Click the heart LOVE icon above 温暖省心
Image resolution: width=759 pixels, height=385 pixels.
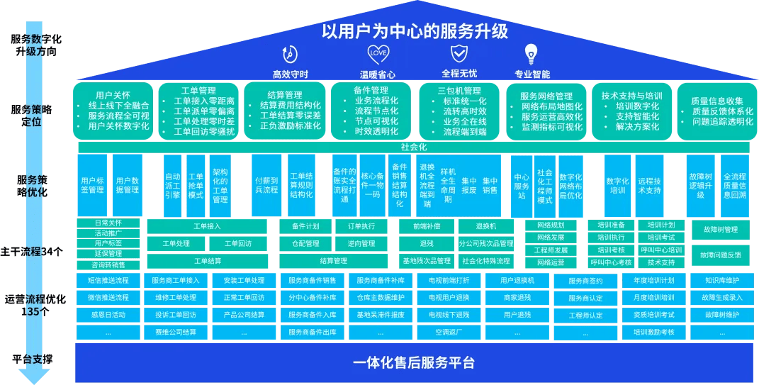[x=378, y=53]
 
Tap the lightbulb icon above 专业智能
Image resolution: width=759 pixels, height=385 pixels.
[x=531, y=53]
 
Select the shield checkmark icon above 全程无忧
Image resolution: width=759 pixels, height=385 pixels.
[x=459, y=53]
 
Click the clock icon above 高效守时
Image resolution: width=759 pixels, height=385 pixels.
[x=289, y=54]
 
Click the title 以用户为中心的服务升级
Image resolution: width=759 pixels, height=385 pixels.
[x=415, y=31]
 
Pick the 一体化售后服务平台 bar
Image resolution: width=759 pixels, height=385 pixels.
[x=414, y=362]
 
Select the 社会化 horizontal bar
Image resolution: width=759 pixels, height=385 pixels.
[x=414, y=147]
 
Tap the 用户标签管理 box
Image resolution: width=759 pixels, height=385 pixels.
[x=92, y=186]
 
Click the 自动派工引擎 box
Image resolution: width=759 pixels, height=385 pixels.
[x=172, y=186]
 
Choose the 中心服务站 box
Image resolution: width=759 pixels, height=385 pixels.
[x=522, y=186]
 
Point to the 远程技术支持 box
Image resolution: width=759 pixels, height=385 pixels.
[x=649, y=186]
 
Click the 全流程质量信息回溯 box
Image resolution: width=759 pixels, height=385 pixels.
[x=734, y=186]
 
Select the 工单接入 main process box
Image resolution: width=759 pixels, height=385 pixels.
[x=207, y=226]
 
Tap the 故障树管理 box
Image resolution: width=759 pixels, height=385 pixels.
[x=721, y=230]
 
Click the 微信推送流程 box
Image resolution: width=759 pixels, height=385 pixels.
[x=108, y=297]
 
